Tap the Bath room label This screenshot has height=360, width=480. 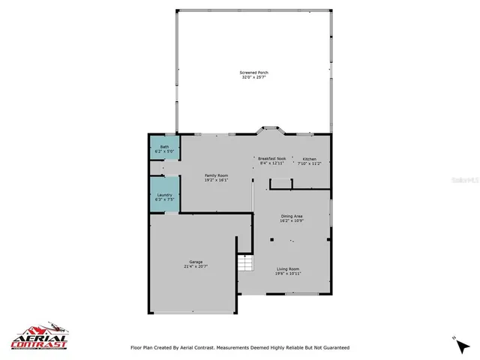(164, 147)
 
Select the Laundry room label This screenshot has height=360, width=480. (164, 195)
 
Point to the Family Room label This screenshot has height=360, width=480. (216, 175)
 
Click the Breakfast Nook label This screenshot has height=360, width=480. (271, 159)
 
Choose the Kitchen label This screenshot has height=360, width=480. (310, 159)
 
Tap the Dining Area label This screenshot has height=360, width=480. (292, 216)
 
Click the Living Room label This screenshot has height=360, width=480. (288, 268)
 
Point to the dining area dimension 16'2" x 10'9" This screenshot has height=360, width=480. (292, 220)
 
